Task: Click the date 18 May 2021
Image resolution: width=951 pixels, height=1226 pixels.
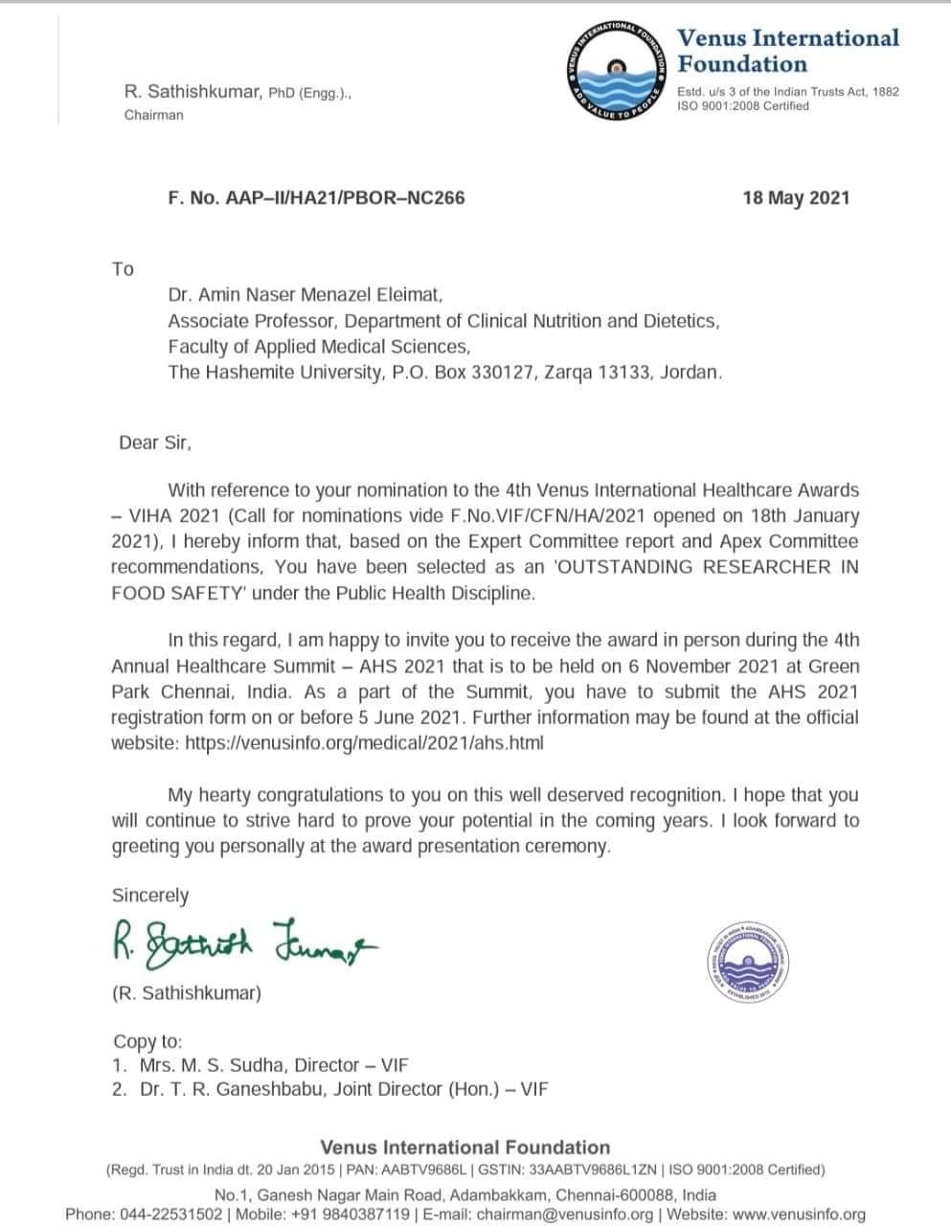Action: click(x=795, y=198)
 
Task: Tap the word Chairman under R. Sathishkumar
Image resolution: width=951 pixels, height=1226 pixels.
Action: click(x=153, y=115)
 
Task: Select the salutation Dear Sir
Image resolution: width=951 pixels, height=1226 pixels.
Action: click(x=155, y=443)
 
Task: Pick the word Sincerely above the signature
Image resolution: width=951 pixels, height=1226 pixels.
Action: click(x=150, y=896)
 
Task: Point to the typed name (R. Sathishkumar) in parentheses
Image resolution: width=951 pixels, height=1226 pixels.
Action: click(x=186, y=993)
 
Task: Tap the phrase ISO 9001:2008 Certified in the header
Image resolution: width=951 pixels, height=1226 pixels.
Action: click(x=742, y=106)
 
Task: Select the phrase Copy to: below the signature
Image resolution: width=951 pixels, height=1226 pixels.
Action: click(x=147, y=1041)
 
